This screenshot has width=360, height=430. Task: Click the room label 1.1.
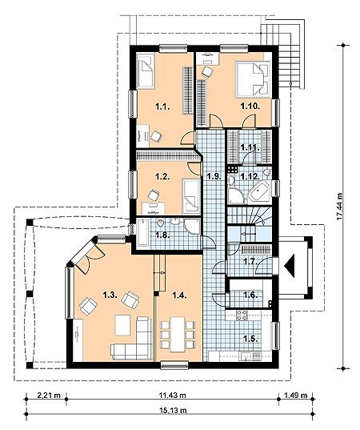point(162,106)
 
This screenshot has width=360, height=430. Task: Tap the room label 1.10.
point(250,106)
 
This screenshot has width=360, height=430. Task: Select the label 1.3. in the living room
point(110,295)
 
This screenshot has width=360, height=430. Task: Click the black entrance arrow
point(290,266)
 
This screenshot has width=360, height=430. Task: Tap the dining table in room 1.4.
point(178,334)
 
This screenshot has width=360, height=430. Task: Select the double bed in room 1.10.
point(254,79)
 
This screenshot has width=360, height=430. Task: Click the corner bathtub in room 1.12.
point(259,192)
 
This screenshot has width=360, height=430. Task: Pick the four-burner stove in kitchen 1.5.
point(242,315)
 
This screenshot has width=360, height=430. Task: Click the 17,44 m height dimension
point(340,206)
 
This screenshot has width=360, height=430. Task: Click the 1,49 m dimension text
point(296,396)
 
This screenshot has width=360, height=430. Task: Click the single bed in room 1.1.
point(146,70)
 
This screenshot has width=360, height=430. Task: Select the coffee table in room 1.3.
point(122,325)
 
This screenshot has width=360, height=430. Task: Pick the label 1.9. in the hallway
point(214,176)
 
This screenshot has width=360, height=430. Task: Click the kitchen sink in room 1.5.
point(250,356)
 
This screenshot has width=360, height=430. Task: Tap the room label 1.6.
point(250,295)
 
